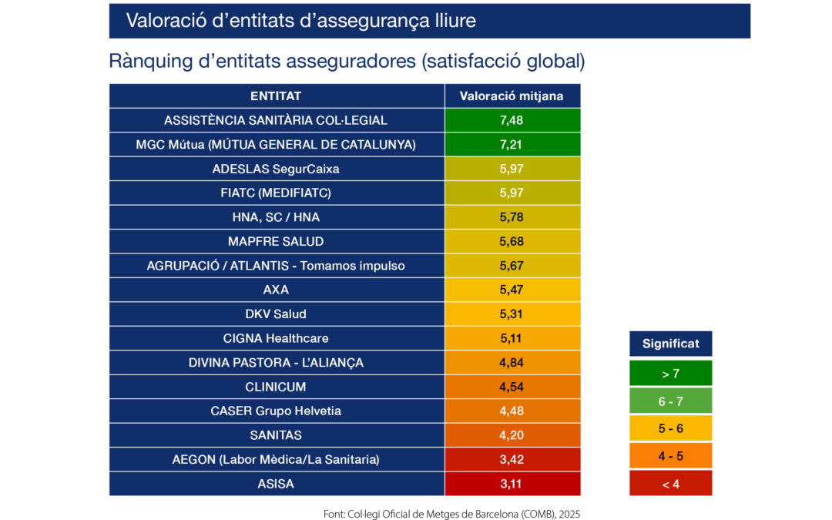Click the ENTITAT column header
[276, 96]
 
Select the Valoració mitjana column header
[512, 96]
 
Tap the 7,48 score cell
[512, 120]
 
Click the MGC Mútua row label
[276, 144]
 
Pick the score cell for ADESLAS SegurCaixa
[512, 169]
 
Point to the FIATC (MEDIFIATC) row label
[276, 193]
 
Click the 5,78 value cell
[512, 217]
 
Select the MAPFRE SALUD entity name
[276, 241]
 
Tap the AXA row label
[276, 290]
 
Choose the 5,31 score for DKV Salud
[512, 314]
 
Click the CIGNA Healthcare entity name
[276, 338]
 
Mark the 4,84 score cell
[512, 362]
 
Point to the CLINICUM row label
[276, 387]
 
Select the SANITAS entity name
[276, 435]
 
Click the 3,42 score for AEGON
[512, 460]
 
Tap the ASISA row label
[276, 484]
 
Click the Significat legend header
[670, 344]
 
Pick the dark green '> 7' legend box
[670, 374]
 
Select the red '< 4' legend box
[670, 484]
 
